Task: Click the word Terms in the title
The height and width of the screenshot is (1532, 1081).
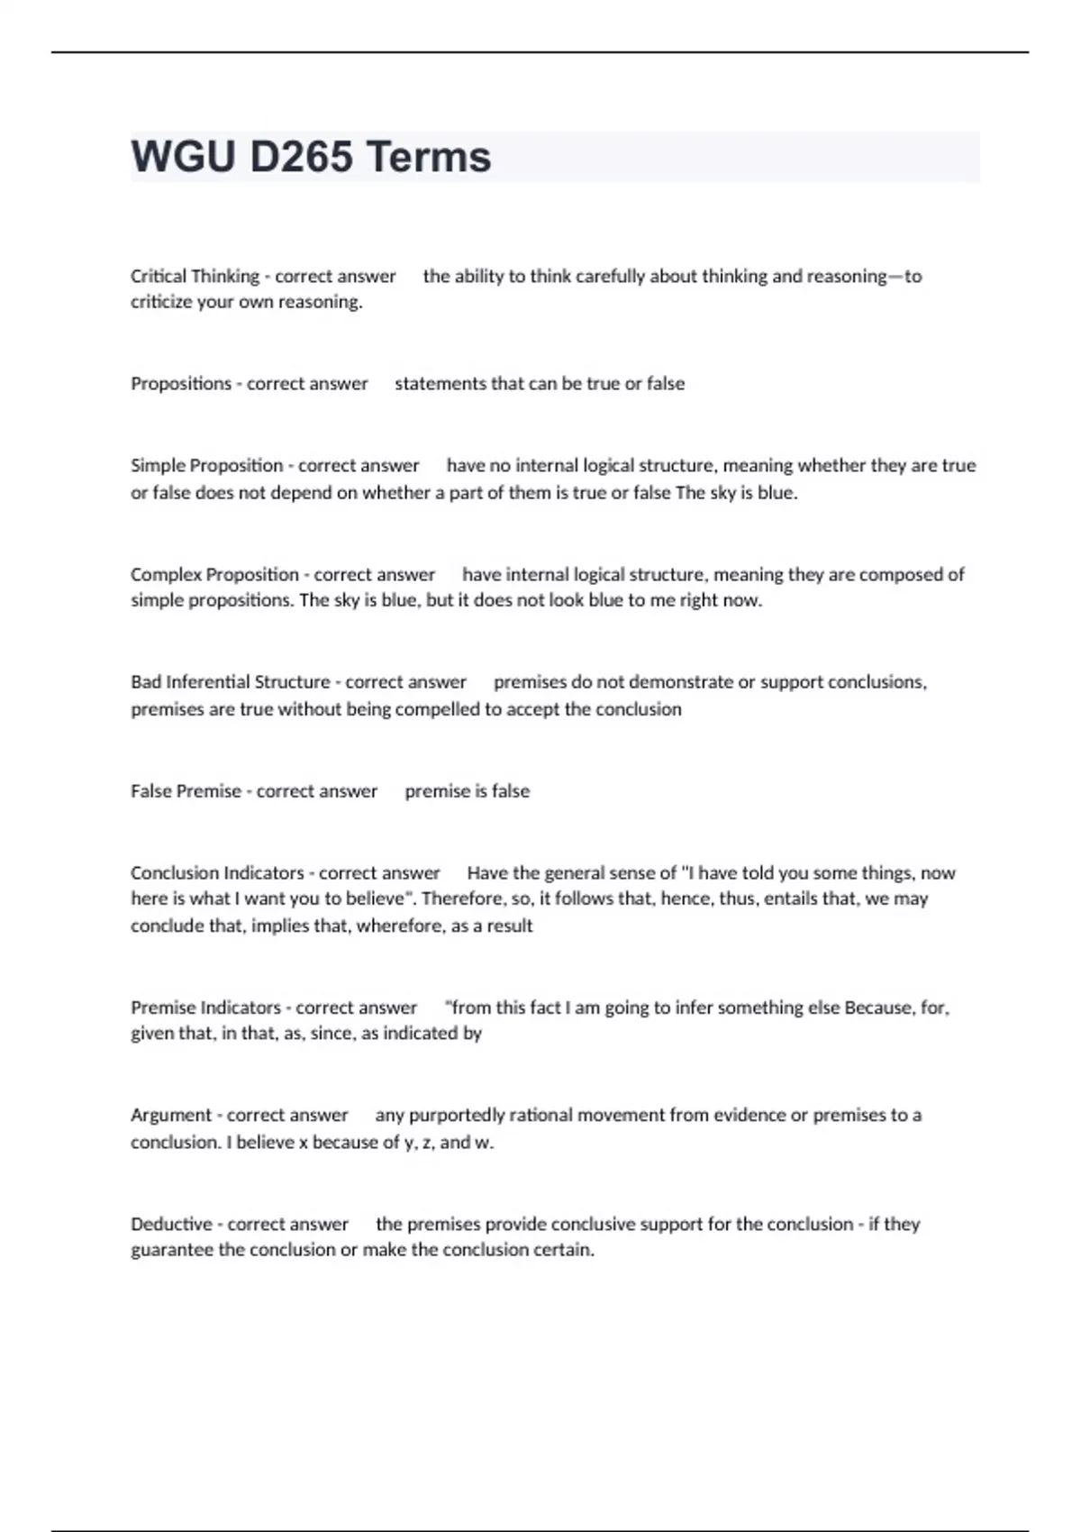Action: click(x=429, y=157)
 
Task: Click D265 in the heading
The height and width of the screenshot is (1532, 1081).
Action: click(x=301, y=157)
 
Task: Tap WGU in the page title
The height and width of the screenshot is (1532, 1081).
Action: click(x=183, y=157)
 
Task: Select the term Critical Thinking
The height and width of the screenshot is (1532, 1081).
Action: click(x=195, y=277)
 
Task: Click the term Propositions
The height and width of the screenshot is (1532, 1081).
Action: click(x=181, y=384)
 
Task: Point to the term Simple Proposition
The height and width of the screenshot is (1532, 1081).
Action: click(x=206, y=466)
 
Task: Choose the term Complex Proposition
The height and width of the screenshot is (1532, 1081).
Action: click(x=214, y=575)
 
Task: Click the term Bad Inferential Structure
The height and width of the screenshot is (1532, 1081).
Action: click(x=230, y=682)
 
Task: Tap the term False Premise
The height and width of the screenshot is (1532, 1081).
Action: click(x=186, y=791)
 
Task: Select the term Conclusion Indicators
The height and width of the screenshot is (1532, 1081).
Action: click(x=217, y=873)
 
